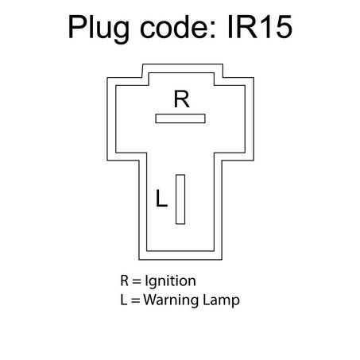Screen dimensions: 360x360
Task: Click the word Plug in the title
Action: (99, 28)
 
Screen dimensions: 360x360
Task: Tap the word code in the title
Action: (173, 26)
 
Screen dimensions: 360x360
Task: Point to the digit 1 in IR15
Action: (264, 27)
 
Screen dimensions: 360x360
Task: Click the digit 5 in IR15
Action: (283, 27)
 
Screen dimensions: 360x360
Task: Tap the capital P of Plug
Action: (78, 27)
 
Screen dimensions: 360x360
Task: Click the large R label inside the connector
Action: (182, 99)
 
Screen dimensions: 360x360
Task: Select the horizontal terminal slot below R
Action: (180, 118)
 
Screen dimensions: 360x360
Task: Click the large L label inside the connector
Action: (161, 198)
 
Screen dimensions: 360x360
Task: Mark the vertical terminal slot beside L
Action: (180, 199)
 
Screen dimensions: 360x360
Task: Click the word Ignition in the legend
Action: (170, 281)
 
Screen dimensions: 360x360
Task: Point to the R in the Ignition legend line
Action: (124, 281)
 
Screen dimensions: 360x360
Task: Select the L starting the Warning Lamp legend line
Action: (123, 300)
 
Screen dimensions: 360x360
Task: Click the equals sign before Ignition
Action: (137, 281)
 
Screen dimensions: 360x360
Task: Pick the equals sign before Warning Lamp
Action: (135, 300)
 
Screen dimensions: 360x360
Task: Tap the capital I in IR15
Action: (230, 27)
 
